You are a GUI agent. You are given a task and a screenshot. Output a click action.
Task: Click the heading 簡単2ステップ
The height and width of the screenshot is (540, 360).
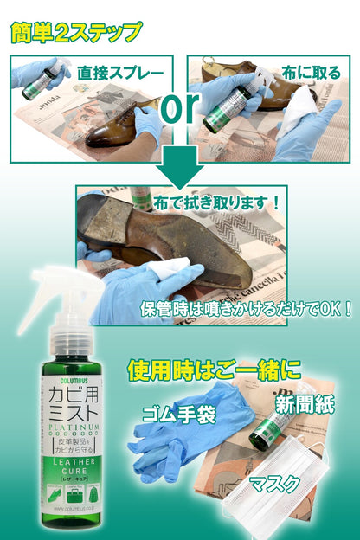76,33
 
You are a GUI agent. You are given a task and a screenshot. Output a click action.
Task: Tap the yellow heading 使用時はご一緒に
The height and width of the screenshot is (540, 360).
214,370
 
